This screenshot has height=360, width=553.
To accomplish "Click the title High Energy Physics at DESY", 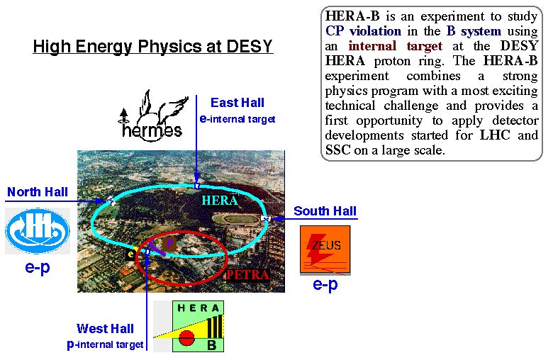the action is click(x=152, y=47).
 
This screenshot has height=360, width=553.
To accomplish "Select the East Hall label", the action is click(x=238, y=103).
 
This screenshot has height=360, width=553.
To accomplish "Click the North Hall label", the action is click(x=38, y=192).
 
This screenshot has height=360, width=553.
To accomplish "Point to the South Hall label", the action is click(x=325, y=211).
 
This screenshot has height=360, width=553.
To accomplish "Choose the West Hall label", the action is click(x=105, y=329).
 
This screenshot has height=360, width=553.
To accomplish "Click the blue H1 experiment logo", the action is click(x=38, y=231).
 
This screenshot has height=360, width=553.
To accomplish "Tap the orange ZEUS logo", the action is click(x=325, y=249).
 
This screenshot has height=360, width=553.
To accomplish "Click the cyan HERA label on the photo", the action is click(x=220, y=201).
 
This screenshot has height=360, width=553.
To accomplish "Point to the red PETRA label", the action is click(x=247, y=275).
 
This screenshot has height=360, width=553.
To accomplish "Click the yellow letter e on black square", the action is click(x=130, y=254).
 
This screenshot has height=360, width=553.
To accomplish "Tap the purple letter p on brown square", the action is click(x=169, y=244).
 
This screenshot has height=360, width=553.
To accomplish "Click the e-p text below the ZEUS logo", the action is click(x=325, y=284).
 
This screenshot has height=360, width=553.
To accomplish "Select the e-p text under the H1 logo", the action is click(x=38, y=267).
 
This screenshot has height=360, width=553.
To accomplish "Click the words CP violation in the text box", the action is click(x=363, y=31).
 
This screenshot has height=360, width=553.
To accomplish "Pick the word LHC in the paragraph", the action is click(x=495, y=135).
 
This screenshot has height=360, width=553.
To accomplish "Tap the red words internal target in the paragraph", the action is click(x=395, y=46).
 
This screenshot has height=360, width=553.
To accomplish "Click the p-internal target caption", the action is click(x=105, y=344).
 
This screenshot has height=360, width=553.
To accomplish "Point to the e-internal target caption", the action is click(x=238, y=119).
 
